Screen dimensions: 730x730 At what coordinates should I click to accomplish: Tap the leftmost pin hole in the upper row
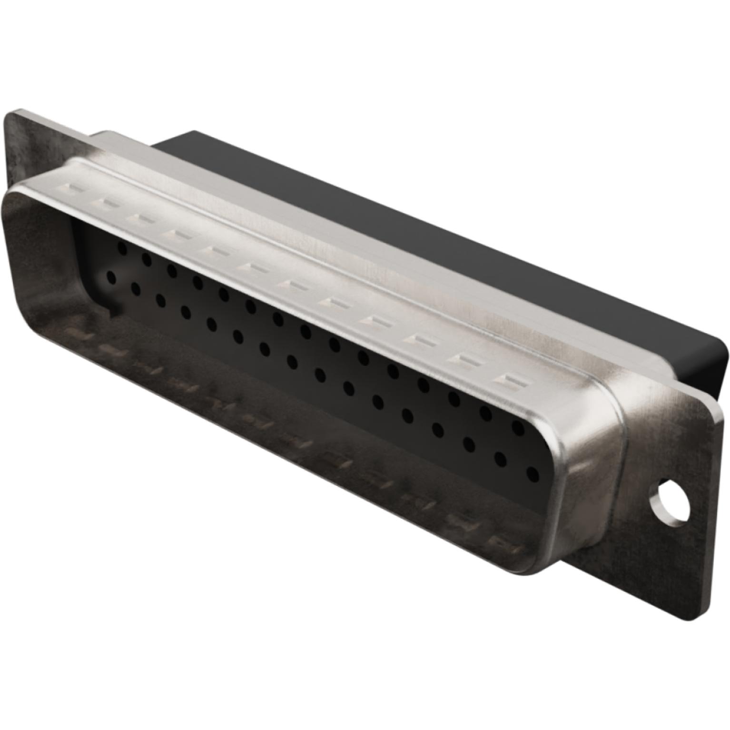pyautogui.click(x=122, y=247)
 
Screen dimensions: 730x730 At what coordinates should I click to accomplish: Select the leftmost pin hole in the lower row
pyautogui.click(x=111, y=277)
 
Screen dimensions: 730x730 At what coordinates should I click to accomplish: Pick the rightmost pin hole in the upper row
pyautogui.click(x=518, y=428)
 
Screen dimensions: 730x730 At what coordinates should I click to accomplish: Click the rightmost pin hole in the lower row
pyautogui.click(x=533, y=474)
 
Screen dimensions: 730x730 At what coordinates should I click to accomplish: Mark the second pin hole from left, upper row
pyautogui.click(x=147, y=259)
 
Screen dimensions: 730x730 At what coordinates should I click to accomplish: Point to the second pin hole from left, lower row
pyautogui.click(x=136, y=288)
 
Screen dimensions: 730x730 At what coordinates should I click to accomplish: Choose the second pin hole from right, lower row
pyautogui.click(x=501, y=459)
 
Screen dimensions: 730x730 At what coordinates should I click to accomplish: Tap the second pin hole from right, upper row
pyautogui.click(x=485, y=413)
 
